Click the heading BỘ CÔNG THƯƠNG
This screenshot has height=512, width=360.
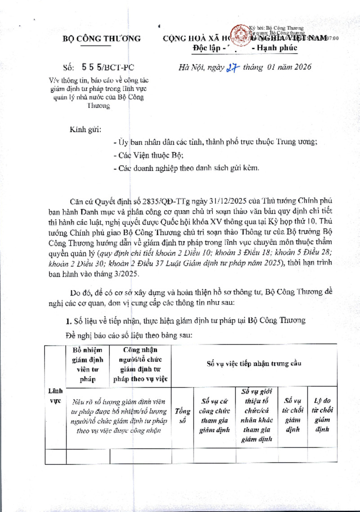[x=101, y=39]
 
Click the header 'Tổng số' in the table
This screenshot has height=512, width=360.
[x=182, y=417]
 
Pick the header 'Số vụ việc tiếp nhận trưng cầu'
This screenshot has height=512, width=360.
[x=254, y=364]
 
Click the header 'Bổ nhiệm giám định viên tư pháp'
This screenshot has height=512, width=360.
[x=88, y=364]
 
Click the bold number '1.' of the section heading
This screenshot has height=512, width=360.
[x=69, y=320]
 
